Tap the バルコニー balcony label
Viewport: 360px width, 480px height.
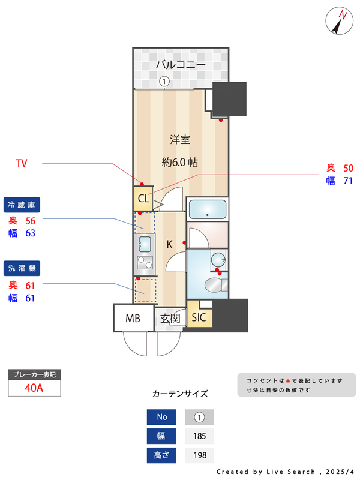tap(181, 65)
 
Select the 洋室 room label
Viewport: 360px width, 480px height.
tap(180, 140)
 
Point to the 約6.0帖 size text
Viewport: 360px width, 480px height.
tap(180, 162)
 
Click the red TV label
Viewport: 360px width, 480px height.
tap(22, 163)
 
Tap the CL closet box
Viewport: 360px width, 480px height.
tap(143, 199)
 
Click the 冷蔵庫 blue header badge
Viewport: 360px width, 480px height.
tap(22, 205)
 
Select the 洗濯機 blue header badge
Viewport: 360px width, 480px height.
tap(22, 266)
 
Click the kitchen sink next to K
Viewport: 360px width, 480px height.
tap(145, 243)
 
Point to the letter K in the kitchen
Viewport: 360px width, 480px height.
tap(169, 244)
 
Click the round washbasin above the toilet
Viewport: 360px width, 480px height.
tap(219, 260)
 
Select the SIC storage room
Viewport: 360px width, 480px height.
tap(199, 317)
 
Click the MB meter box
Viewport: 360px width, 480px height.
tap(133, 318)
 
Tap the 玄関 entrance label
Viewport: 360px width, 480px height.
tap(170, 319)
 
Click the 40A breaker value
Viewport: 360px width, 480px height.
tap(34, 388)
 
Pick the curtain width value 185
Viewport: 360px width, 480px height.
tap(200, 436)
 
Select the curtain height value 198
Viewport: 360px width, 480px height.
tap(200, 455)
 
